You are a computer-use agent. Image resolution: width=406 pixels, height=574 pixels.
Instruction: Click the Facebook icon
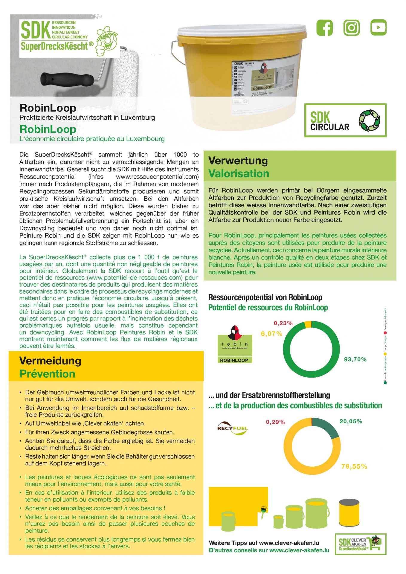pos(324,28)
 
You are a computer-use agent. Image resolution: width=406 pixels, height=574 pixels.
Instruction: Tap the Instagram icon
pos(351,28)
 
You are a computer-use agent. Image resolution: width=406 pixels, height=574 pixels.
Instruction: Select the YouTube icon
pos(378,28)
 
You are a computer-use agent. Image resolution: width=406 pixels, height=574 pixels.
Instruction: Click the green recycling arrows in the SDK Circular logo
pos(369,120)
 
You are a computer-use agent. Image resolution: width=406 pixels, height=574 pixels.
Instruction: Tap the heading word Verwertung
pos(238,161)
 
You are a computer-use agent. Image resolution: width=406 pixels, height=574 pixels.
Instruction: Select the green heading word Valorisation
pos(239,174)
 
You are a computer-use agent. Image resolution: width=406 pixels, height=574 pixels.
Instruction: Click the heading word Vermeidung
pos(50,361)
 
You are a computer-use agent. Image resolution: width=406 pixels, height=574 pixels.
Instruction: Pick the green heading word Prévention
pos(47,374)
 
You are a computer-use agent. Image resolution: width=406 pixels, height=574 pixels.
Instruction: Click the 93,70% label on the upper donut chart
pos(355,359)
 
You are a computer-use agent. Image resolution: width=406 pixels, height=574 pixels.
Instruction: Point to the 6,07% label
pos(271,334)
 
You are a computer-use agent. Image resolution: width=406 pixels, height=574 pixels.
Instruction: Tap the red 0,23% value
pos(283,323)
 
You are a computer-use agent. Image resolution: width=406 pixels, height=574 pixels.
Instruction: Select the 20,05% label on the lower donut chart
pos(351,421)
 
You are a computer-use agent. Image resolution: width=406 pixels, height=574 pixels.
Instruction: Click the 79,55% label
pos(354,466)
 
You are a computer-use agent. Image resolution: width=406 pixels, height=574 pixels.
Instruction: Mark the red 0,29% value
pos(275,422)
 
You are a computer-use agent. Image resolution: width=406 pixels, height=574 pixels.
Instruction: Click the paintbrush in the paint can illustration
pos(263,511)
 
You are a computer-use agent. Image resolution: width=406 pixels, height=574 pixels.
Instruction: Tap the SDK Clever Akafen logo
pos(360,544)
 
